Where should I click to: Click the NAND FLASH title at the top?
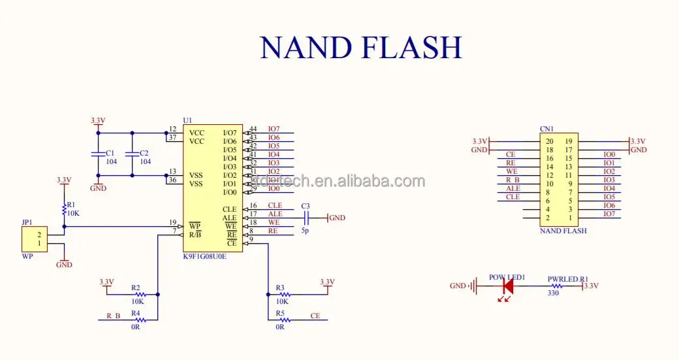pos(360,48)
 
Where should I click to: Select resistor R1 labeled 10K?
pos(64,209)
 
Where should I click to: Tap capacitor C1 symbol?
pos(98,154)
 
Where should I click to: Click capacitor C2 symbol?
pos(132,154)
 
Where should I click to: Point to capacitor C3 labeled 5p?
pos(306,218)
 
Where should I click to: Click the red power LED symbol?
pos(507,286)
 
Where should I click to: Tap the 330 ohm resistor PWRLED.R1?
pos(558,286)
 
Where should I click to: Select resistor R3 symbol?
pos(281,295)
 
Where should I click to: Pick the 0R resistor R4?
pos(136,319)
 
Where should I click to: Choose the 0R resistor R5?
pos(281,319)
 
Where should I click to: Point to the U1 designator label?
pos(188,120)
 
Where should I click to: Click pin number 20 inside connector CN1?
pos(549,141)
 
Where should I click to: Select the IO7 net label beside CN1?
pos(608,214)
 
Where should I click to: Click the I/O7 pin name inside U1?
pos(229,133)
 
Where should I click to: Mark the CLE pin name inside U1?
pos(229,209)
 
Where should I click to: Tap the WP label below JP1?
pos(27,256)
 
